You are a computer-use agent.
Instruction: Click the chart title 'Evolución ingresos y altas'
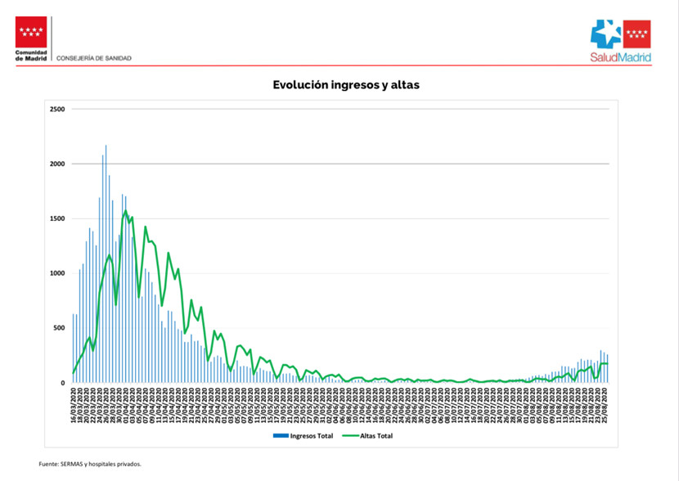click(346, 84)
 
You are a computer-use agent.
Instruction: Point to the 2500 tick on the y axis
click(57, 109)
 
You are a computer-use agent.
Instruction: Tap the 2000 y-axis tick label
click(57, 164)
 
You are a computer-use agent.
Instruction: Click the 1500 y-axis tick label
click(57, 218)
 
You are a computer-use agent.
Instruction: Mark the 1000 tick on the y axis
click(57, 273)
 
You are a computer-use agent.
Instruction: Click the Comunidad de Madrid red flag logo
click(32, 33)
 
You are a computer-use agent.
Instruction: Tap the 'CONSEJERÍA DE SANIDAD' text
click(94, 58)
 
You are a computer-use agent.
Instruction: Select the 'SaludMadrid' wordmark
click(620, 58)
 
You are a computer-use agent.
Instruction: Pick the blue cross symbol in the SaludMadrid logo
click(607, 34)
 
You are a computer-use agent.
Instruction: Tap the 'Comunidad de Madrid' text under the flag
click(32, 56)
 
